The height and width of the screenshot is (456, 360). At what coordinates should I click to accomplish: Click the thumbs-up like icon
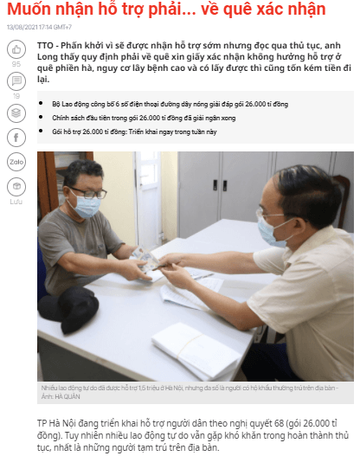[16, 52]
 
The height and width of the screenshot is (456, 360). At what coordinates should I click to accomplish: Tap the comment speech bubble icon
[16, 82]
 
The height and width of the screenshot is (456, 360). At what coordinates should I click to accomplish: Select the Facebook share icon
[16, 138]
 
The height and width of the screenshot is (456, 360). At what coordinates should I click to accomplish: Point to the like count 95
[16, 65]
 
